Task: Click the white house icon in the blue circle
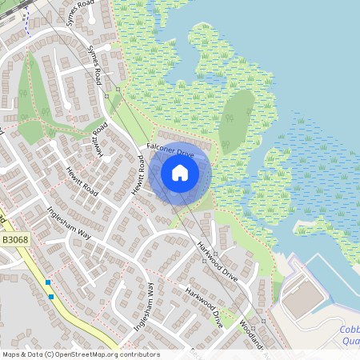coord(180,172)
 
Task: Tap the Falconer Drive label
coord(170,150)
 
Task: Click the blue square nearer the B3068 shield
coord(48,282)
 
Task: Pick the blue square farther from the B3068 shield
coord(51,297)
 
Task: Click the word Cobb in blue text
coord(349,330)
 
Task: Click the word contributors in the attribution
coord(138,354)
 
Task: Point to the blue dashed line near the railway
coord(29,20)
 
